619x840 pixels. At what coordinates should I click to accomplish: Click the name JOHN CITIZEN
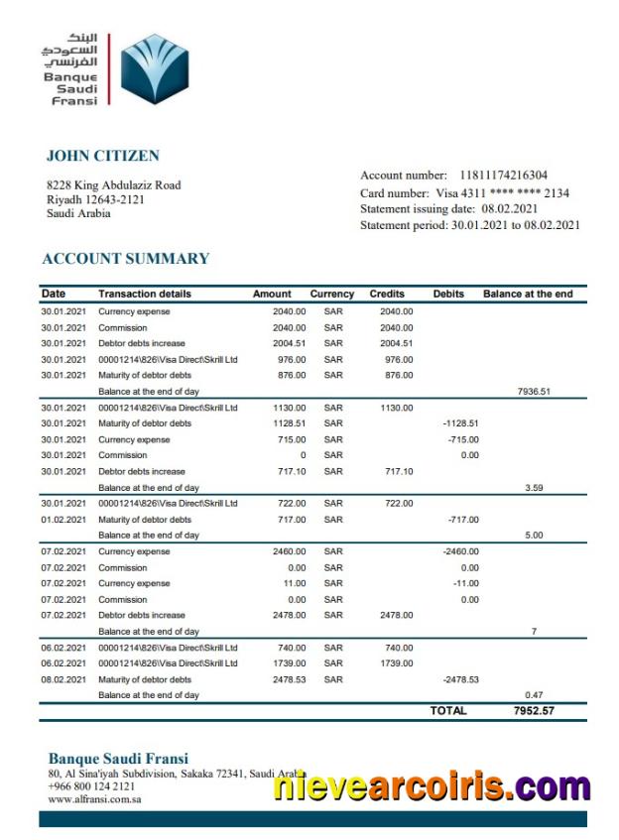click(102, 156)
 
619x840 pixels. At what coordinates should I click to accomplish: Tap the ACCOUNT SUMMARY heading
click(126, 259)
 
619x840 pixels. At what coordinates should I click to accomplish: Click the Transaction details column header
click(145, 295)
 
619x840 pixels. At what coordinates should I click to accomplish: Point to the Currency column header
click(331, 295)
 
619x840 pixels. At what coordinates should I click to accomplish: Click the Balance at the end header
click(528, 295)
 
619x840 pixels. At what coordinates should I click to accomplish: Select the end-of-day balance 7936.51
click(534, 392)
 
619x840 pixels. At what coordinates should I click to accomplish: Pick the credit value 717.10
click(397, 472)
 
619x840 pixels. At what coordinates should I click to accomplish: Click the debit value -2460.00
click(460, 551)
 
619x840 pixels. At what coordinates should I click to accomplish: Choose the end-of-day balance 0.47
click(534, 695)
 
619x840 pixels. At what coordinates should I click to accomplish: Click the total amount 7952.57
click(534, 711)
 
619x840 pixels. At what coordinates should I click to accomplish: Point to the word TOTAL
click(448, 711)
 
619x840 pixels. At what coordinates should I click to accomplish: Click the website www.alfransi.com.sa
click(94, 798)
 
